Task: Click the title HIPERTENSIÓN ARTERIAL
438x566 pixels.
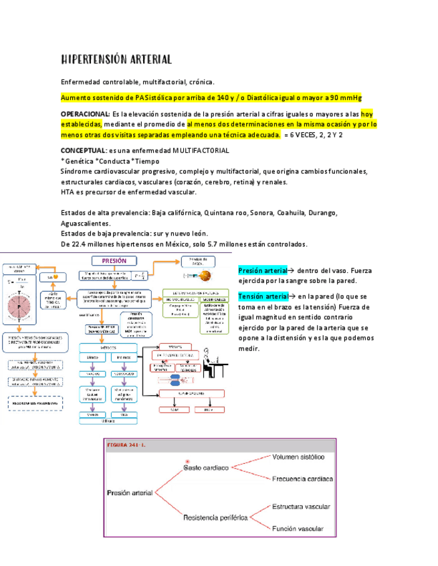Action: pyautogui.click(x=116, y=59)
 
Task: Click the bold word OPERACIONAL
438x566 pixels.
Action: pyautogui.click(x=85, y=114)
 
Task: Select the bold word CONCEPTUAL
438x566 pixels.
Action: pyautogui.click(x=83, y=151)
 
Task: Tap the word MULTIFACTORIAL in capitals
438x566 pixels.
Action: pyautogui.click(x=201, y=151)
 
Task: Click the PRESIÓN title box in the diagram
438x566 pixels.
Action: pyautogui.click(x=114, y=261)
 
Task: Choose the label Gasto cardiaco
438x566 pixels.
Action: pyautogui.click(x=206, y=468)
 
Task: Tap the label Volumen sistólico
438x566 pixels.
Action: pyautogui.click(x=298, y=457)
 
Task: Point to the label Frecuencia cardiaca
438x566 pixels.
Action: pyautogui.click(x=302, y=479)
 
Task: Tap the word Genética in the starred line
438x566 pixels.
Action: pyautogui.click(x=78, y=161)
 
